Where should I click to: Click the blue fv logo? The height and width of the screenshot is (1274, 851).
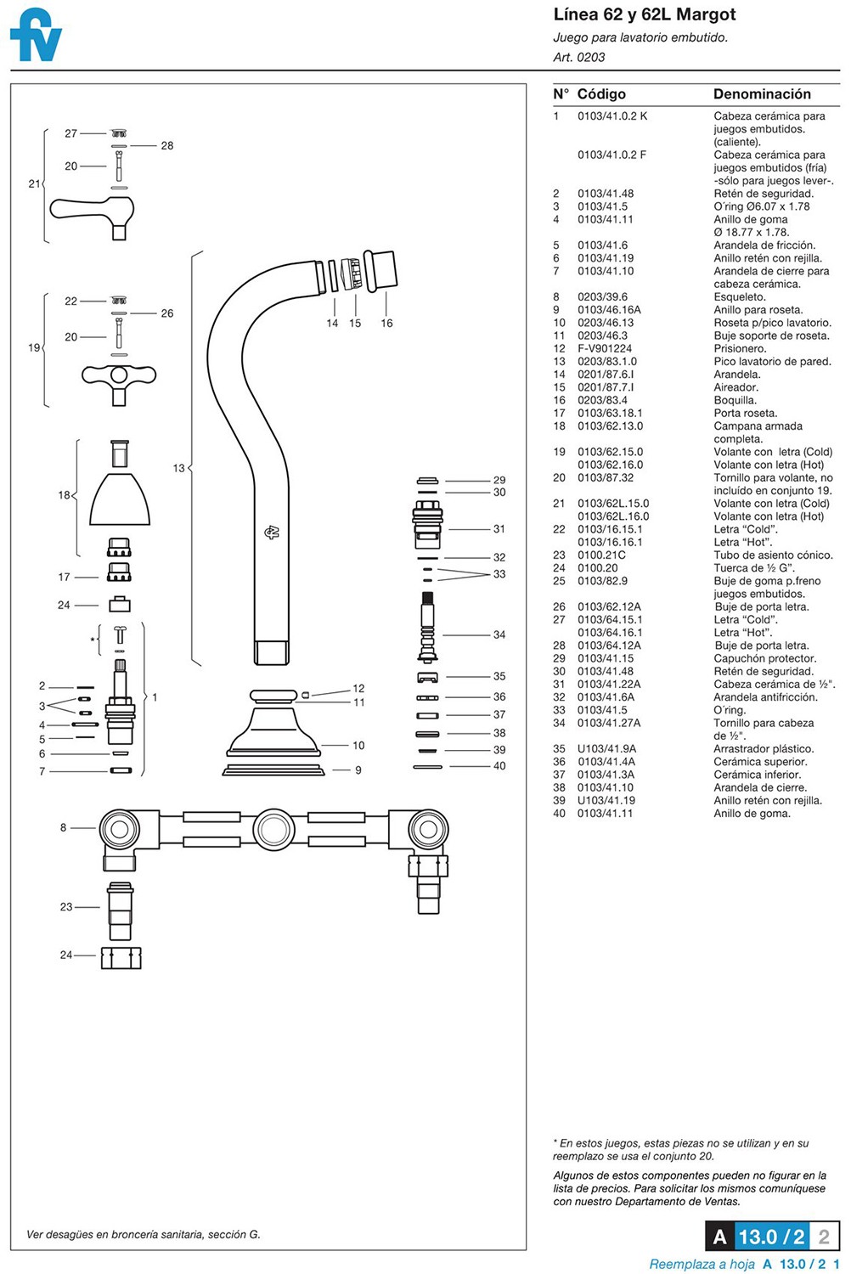[36, 36]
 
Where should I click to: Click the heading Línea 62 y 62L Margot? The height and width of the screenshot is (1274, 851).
[645, 14]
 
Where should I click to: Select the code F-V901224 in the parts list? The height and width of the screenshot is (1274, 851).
[605, 348]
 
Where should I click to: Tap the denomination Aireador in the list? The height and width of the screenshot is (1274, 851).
[736, 387]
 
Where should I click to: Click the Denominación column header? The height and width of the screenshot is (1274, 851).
[762, 93]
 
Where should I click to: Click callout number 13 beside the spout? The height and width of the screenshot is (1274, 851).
[178, 468]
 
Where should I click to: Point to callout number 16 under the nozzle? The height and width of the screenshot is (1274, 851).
[386, 323]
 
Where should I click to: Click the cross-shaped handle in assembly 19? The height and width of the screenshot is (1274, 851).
[119, 382]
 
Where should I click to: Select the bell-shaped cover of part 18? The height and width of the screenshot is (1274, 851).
[120, 499]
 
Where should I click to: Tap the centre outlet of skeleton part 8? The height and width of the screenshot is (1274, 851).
[273, 829]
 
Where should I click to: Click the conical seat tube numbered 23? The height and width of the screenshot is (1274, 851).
[120, 911]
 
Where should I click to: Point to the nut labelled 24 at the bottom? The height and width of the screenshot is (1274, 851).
[121, 958]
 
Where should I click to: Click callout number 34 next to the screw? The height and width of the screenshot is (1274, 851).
[499, 634]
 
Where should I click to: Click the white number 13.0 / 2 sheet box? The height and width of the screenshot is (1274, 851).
[772, 1237]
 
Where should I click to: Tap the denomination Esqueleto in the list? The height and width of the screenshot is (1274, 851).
[740, 297]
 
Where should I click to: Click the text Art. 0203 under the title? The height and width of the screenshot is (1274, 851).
[579, 57]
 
